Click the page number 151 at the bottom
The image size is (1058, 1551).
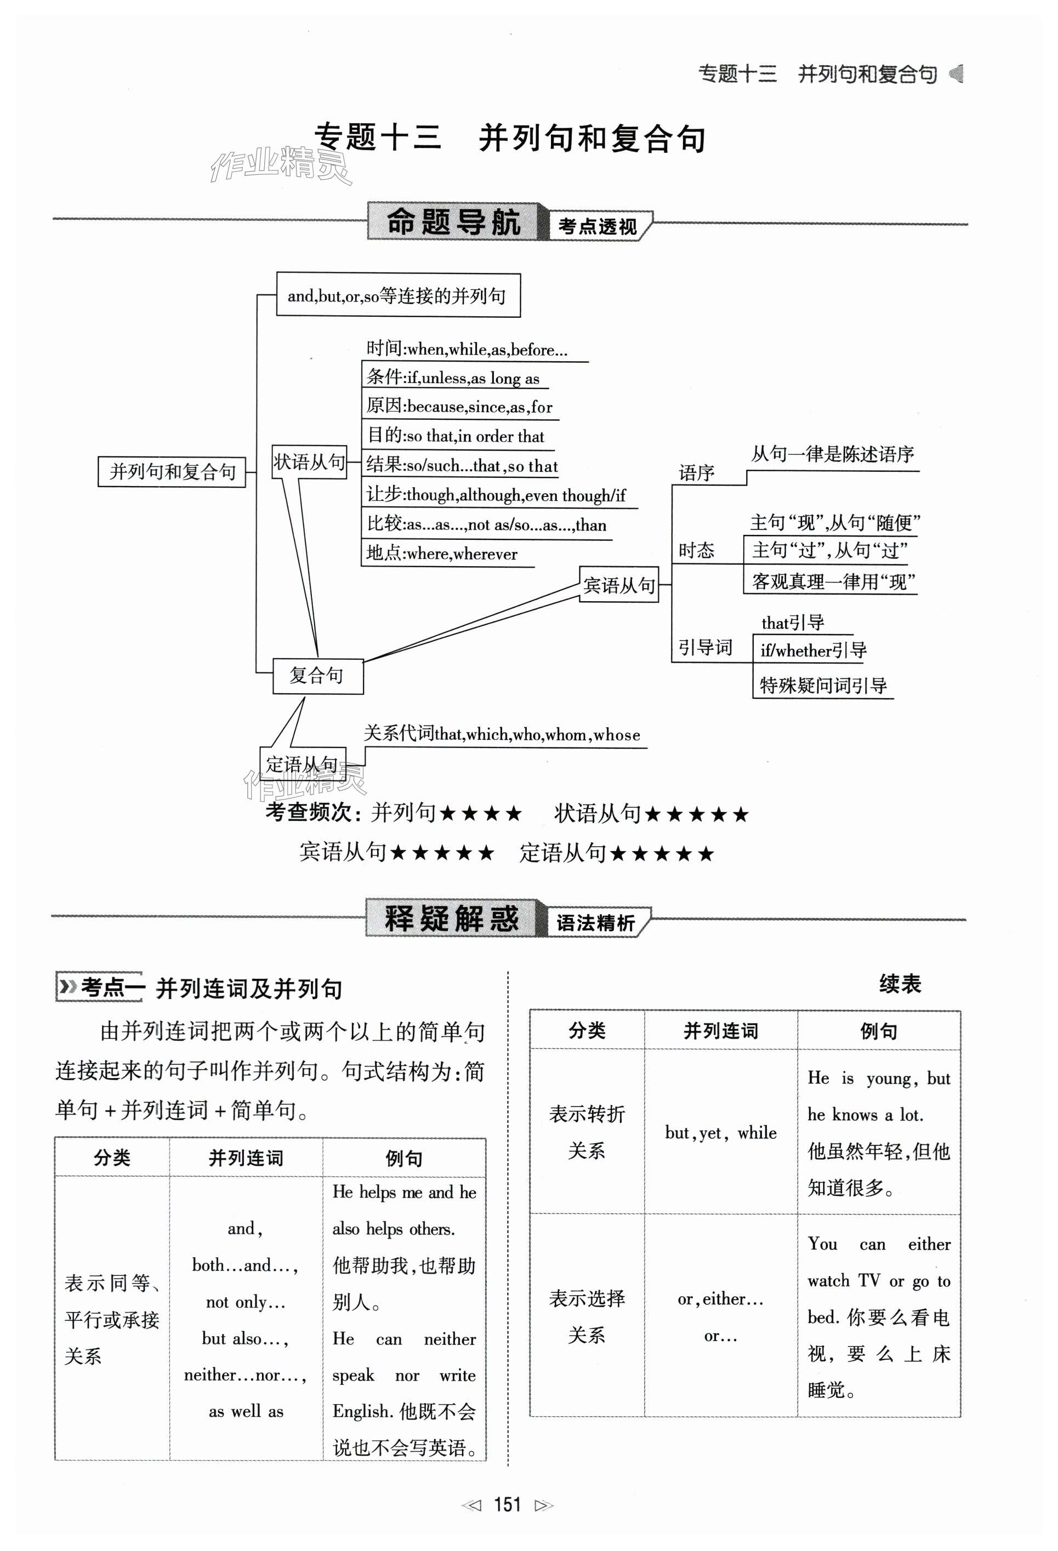tap(507, 1505)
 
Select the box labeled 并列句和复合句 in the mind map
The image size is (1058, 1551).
tap(172, 472)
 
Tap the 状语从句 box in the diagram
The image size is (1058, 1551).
tap(309, 462)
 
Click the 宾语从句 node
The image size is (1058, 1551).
tap(619, 585)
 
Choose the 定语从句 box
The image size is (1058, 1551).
tap(303, 763)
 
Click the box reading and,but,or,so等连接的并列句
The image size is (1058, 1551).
tap(398, 295)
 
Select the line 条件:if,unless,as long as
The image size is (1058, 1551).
tap(453, 378)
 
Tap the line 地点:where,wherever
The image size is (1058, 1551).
tap(442, 553)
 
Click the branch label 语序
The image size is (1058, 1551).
tap(696, 473)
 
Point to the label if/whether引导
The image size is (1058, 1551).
tap(813, 650)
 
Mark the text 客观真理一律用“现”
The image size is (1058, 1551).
tap(832, 581)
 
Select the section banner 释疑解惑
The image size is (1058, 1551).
tap(452, 919)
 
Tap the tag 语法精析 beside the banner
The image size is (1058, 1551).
tap(595, 923)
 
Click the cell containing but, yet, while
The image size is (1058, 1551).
tap(720, 1132)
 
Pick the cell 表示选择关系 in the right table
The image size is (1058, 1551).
tap(587, 1316)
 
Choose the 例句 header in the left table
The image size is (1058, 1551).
tap(404, 1158)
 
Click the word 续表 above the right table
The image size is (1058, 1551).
tap(899, 984)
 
